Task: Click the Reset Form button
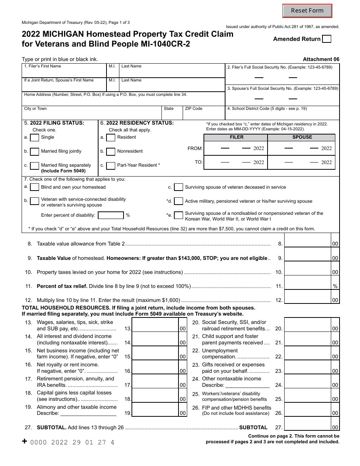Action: tap(307, 11)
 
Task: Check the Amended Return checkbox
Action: tap(326, 39)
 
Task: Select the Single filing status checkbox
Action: tap(34, 138)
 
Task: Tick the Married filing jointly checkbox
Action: tap(34, 152)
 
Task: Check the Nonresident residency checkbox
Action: tap(111, 152)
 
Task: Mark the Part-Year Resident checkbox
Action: tap(111, 166)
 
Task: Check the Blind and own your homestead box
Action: tap(34, 187)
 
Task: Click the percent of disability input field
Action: tap(111, 215)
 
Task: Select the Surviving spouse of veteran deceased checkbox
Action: tap(178, 187)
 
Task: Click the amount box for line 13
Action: tap(155, 325)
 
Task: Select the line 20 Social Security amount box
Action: tap(307, 325)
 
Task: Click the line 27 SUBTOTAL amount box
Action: tap(307, 424)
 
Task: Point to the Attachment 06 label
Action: tap(321, 59)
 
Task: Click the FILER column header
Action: tap(236, 137)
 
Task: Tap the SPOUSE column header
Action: tap(302, 137)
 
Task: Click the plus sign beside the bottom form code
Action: tap(25, 441)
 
